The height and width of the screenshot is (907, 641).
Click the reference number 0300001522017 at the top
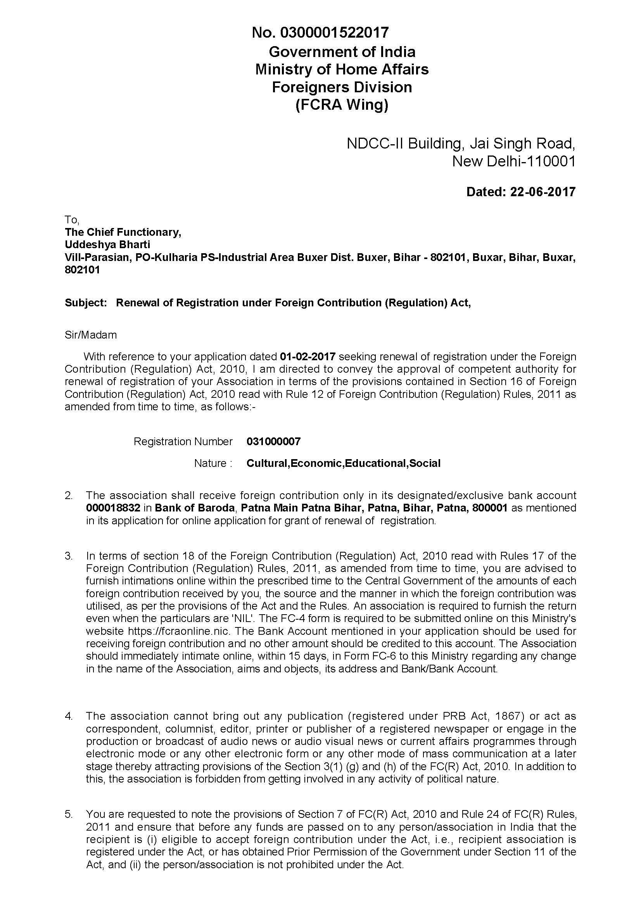[334, 33]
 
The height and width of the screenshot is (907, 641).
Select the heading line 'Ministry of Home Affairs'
[342, 69]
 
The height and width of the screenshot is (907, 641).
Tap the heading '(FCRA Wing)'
[342, 105]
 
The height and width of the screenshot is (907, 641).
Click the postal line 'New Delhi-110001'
[513, 161]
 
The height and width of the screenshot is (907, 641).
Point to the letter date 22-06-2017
[543, 192]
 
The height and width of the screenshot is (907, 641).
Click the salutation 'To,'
[72, 219]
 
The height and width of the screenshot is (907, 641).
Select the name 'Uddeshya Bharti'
[107, 245]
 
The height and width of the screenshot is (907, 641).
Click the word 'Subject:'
[86, 302]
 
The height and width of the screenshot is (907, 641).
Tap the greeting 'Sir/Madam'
[90, 335]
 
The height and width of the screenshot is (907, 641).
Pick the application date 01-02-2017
[308, 357]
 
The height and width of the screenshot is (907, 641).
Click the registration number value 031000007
[273, 441]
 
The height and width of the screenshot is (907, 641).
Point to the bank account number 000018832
[113, 508]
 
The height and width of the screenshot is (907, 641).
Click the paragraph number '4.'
[69, 716]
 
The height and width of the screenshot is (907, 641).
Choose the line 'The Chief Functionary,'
[123, 232]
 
